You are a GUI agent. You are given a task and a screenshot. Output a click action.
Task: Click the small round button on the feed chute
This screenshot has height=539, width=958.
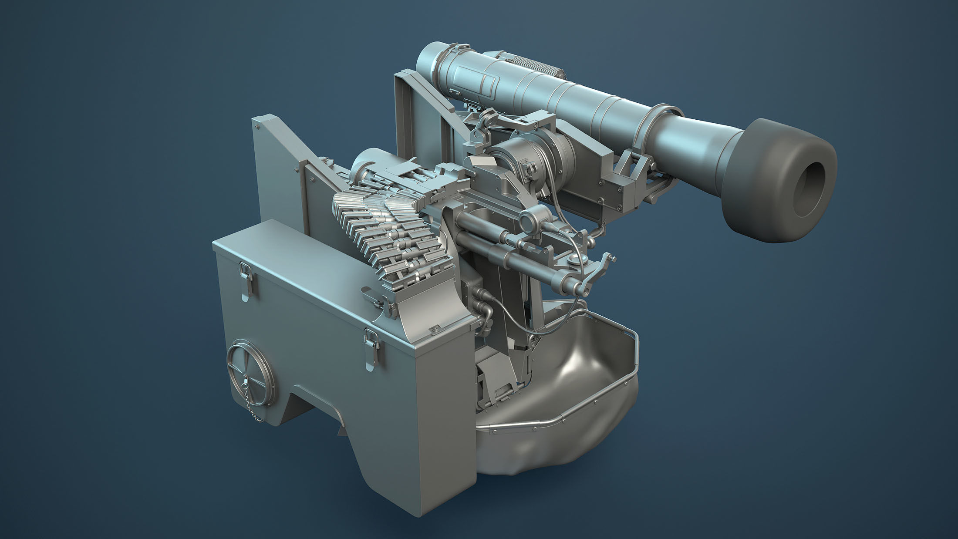pyautogui.click(x=434, y=330)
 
